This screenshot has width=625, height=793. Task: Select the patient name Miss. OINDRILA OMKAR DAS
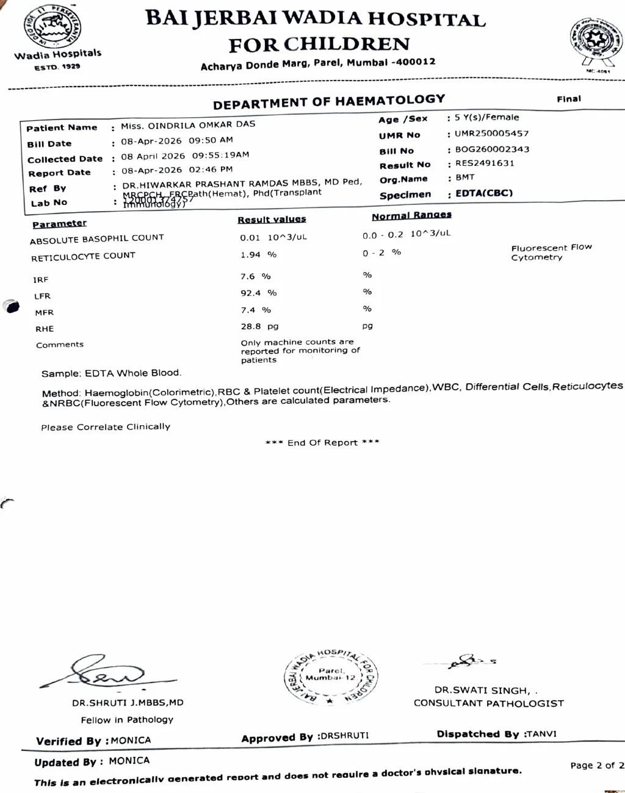[x=188, y=125]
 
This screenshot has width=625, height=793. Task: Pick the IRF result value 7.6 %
[x=255, y=276]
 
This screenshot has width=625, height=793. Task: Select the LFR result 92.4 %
[x=258, y=293]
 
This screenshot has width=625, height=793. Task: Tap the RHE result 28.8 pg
[x=259, y=326]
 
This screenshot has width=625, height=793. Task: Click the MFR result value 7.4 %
[x=256, y=310]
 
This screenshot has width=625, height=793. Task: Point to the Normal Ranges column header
[x=411, y=215]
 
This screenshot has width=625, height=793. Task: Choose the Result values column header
[x=272, y=219]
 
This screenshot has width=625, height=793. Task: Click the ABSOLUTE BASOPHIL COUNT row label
[x=97, y=239]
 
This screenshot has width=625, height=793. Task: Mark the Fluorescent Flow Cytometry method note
[x=551, y=253]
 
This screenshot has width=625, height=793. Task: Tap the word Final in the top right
[x=568, y=99]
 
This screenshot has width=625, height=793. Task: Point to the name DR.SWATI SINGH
[x=482, y=691]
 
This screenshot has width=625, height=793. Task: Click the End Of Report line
[x=322, y=442]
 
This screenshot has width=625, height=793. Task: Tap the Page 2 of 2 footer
[x=596, y=765]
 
